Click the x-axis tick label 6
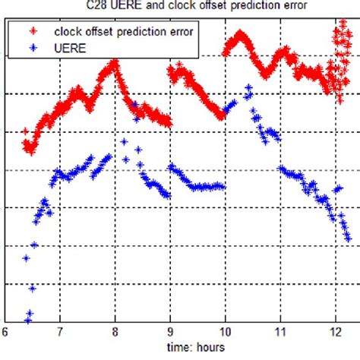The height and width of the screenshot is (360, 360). click(x=5, y=332)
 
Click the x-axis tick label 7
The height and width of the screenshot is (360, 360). click(x=60, y=332)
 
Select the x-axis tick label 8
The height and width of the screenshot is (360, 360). click(x=115, y=332)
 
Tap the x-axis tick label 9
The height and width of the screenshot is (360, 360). click(x=171, y=332)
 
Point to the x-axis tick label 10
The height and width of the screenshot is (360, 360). click(x=226, y=332)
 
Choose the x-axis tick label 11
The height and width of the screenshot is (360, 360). click(x=280, y=332)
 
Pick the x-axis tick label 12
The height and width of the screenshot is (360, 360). click(x=335, y=332)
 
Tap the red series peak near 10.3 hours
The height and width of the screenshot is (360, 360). click(x=240, y=34)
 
